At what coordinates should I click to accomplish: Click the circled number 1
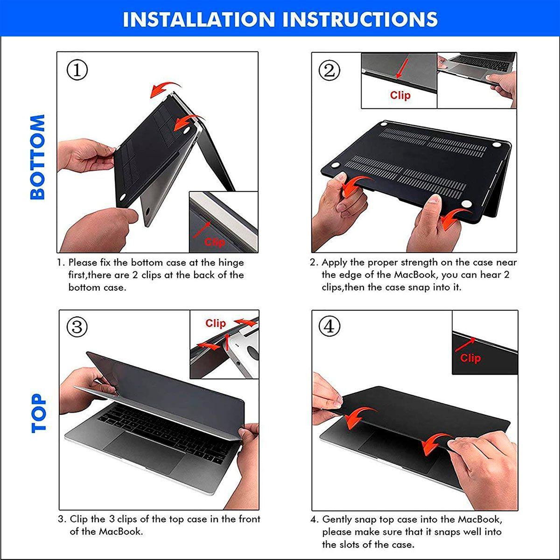click(77, 70)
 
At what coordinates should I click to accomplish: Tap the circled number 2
click(329, 70)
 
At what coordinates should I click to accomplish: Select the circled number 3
click(77, 327)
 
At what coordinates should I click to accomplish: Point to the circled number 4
click(329, 326)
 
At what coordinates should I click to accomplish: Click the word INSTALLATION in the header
click(199, 19)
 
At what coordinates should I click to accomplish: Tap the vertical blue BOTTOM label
click(37, 157)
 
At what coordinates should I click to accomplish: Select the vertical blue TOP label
click(39, 413)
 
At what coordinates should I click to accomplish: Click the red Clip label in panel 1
click(215, 242)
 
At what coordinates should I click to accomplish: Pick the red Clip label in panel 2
click(400, 95)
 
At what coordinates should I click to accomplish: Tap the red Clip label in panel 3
click(215, 323)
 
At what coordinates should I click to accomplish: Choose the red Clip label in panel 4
click(470, 358)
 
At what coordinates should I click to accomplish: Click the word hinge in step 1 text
click(231, 263)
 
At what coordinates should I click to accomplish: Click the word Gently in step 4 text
click(337, 519)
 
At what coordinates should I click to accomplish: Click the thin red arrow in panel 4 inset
click(465, 345)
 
